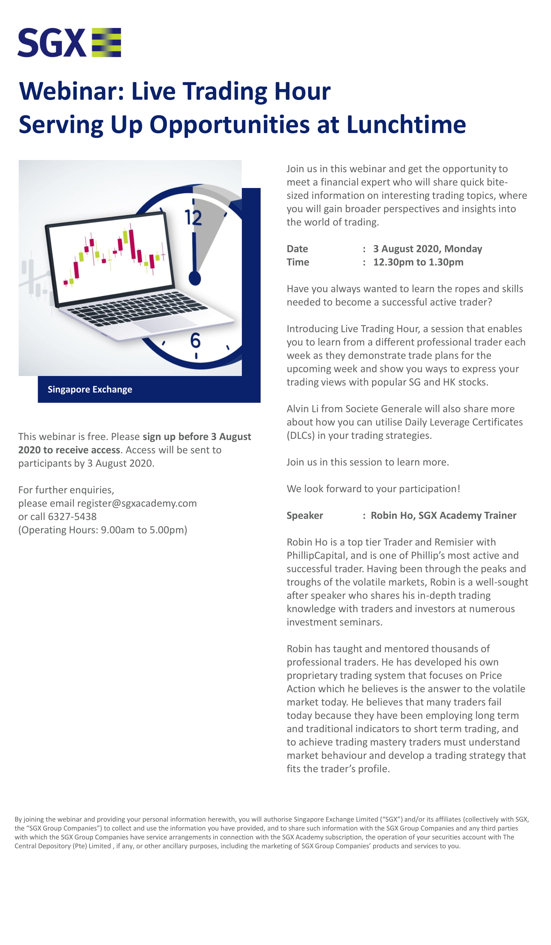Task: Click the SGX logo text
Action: coord(52,43)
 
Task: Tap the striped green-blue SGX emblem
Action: coord(107,42)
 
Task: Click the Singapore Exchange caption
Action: coord(90,389)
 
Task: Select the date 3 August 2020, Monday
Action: coord(427,249)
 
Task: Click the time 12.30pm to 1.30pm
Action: coord(418,262)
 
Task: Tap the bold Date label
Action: coord(297,249)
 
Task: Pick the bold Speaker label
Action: coord(305,515)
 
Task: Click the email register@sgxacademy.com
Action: coord(137,503)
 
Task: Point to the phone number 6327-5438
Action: coord(72,516)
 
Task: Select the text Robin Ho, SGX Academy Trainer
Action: coord(443,515)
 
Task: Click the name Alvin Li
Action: coord(302,409)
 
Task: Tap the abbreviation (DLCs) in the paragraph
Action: coord(300,435)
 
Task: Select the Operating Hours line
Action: coord(103,530)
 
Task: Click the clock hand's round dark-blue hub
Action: coord(195,279)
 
